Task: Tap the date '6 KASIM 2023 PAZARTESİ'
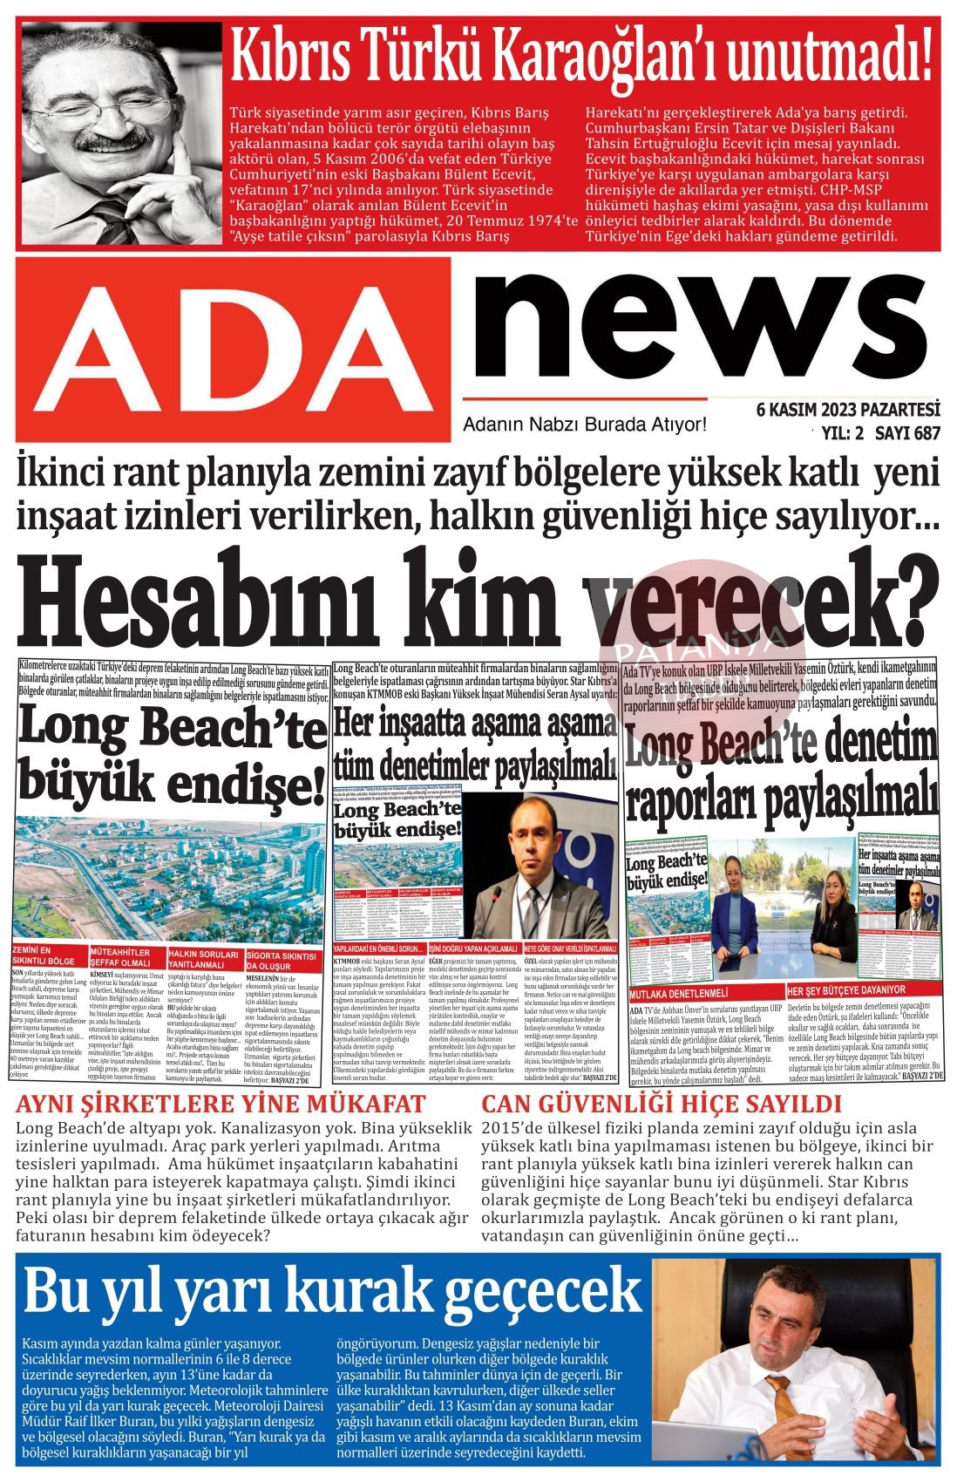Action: (x=847, y=410)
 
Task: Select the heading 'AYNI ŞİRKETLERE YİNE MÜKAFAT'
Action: (x=221, y=1104)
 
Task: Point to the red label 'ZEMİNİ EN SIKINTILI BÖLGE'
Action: (x=47, y=955)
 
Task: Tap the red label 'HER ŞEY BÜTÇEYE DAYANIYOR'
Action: (x=846, y=990)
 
